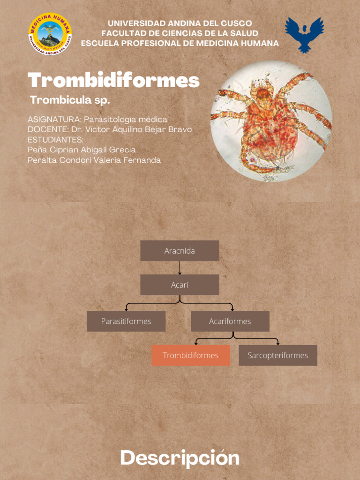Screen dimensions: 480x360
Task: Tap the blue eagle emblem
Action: coord(305,34)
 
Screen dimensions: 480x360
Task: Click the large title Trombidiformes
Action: coord(113,80)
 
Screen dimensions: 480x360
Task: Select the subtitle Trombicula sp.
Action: coord(70,100)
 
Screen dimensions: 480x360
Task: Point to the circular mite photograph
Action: coord(271,121)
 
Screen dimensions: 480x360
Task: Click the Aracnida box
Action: coord(180,251)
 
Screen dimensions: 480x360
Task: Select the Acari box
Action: coord(180,285)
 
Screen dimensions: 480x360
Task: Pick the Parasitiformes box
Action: coord(126,321)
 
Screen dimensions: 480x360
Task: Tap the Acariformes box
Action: coord(230,321)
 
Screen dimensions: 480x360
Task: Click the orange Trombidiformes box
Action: coord(191,355)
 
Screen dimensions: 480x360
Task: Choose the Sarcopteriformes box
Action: coord(278,355)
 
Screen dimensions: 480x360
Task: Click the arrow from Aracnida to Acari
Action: coord(180,268)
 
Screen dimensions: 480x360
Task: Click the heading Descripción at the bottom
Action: coord(180,458)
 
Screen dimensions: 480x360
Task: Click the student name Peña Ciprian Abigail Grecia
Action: coord(82,150)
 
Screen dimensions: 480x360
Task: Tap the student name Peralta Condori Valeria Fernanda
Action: coord(94,160)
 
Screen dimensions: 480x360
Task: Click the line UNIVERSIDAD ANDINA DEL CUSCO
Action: coord(180,23)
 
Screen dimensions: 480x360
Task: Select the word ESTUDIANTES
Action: coord(55,140)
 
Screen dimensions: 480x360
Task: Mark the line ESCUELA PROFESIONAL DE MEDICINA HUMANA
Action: coord(180,43)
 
